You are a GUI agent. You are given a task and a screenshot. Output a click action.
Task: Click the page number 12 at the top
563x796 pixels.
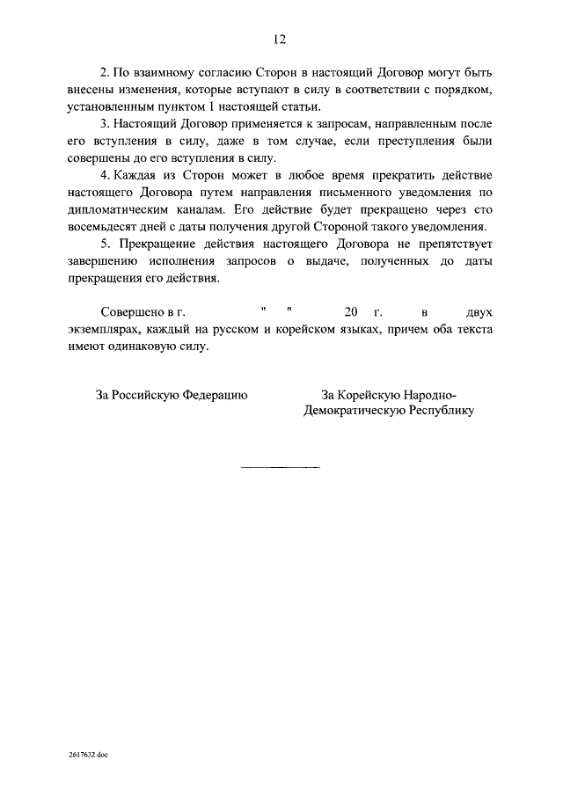click(281, 40)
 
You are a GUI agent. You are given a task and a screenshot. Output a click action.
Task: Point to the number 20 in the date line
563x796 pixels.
click(352, 312)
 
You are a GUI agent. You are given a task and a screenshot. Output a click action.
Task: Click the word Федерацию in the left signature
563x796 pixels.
click(215, 395)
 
